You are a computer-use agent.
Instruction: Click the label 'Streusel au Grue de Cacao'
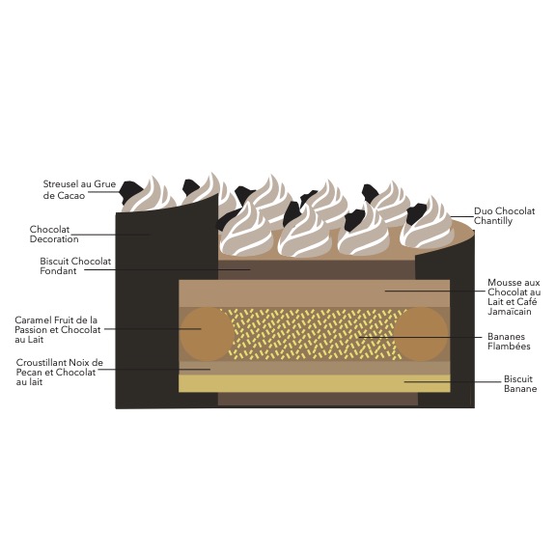click(79, 190)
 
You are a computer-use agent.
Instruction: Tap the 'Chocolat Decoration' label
click(54, 234)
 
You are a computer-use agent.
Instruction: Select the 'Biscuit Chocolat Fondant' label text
click(75, 266)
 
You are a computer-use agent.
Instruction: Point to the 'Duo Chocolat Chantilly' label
click(504, 215)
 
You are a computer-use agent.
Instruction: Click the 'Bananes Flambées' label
click(509, 341)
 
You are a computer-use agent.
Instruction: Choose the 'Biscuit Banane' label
click(520, 383)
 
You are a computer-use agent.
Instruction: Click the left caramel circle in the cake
click(207, 334)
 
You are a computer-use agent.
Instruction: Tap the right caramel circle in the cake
click(421, 334)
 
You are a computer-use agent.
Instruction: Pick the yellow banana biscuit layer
click(315, 383)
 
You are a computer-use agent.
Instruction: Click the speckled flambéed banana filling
click(314, 334)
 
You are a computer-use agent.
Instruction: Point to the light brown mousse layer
click(315, 293)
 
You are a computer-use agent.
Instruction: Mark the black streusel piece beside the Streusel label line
click(130, 191)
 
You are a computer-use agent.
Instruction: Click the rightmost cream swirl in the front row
click(428, 224)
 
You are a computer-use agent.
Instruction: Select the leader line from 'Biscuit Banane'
click(453, 382)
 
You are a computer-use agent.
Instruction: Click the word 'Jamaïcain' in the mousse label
click(510, 312)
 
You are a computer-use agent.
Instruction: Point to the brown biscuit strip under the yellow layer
click(318, 399)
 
